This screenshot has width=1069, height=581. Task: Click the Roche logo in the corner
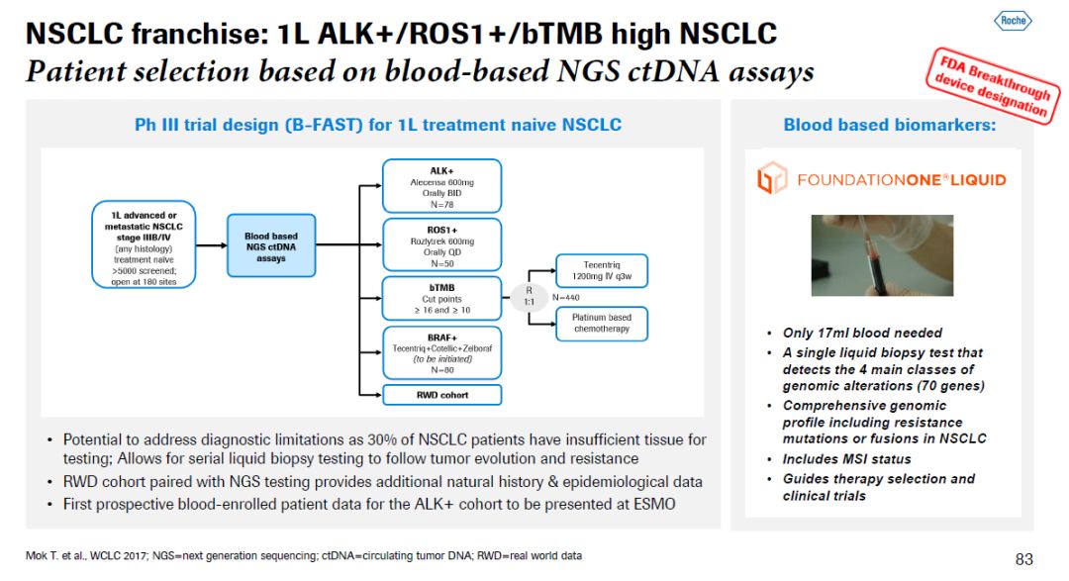1012,20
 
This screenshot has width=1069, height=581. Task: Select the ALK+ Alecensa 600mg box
441,184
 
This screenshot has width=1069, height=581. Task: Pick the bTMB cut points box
441,298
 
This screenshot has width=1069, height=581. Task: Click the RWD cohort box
441,394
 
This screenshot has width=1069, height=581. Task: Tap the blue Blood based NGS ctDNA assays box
270,245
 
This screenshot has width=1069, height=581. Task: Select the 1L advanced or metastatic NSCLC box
145,244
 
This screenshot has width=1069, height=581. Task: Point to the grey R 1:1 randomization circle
530,297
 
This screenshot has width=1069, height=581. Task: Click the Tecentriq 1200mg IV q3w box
601,271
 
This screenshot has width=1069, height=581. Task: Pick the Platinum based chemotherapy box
601,323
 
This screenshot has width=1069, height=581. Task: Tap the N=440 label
565,297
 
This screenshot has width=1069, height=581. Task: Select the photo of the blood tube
882,254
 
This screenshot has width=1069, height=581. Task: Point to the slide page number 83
1024,558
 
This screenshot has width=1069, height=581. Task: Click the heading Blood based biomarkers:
889,126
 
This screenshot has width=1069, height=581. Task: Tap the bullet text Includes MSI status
846,459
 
